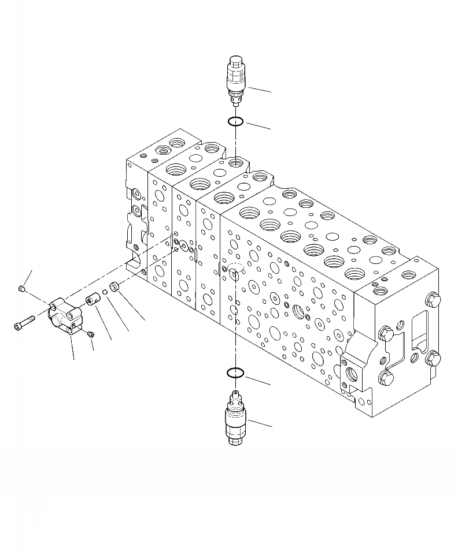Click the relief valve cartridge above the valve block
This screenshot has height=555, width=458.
(236, 81)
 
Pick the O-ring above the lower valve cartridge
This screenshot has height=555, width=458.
(234, 373)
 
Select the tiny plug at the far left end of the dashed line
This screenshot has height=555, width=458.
(21, 288)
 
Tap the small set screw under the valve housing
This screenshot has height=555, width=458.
(90, 333)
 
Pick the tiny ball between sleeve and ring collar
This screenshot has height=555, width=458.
(105, 292)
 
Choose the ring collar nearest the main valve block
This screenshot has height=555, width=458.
(116, 286)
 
